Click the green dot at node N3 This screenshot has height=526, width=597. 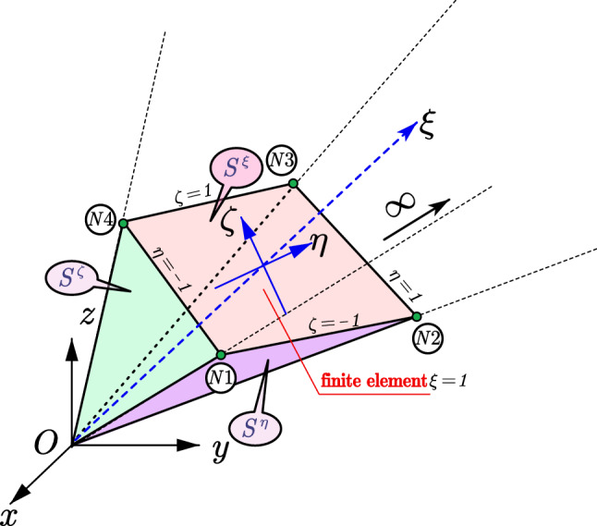(x=293, y=184)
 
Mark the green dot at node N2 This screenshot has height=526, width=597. (x=416, y=317)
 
